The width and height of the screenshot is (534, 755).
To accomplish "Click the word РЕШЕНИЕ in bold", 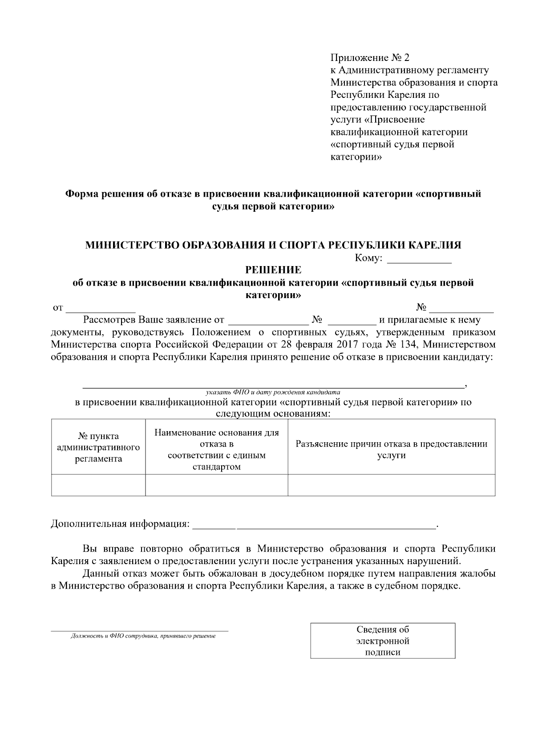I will pos(273,270).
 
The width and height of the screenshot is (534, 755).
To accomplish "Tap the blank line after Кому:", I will pos(419,259).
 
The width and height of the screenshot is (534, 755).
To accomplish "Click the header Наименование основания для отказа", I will pos(216,449).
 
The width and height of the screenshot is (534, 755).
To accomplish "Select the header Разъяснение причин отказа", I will pos(391,449).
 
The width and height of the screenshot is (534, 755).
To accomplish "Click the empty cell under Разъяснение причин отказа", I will pos(391,485).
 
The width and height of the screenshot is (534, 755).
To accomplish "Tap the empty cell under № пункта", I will pos(98,485).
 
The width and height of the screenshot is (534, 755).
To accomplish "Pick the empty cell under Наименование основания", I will pos(216,485).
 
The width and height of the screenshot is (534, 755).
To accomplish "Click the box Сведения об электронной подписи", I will pos(383,641).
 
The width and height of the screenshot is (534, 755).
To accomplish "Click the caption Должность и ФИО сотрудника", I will pos(143,636).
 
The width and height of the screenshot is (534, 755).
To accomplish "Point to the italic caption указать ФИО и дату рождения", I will pos(273,392).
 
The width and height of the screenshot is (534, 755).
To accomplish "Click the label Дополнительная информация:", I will pos(120,524).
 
